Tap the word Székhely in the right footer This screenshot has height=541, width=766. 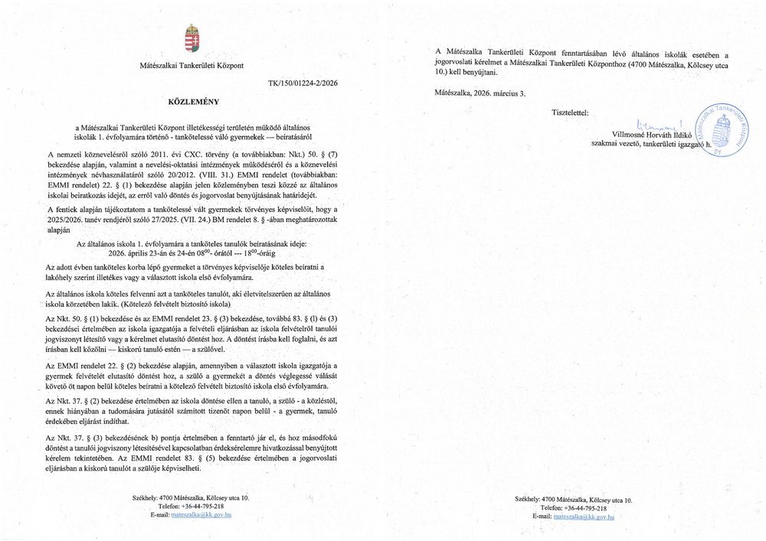click(529, 499)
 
